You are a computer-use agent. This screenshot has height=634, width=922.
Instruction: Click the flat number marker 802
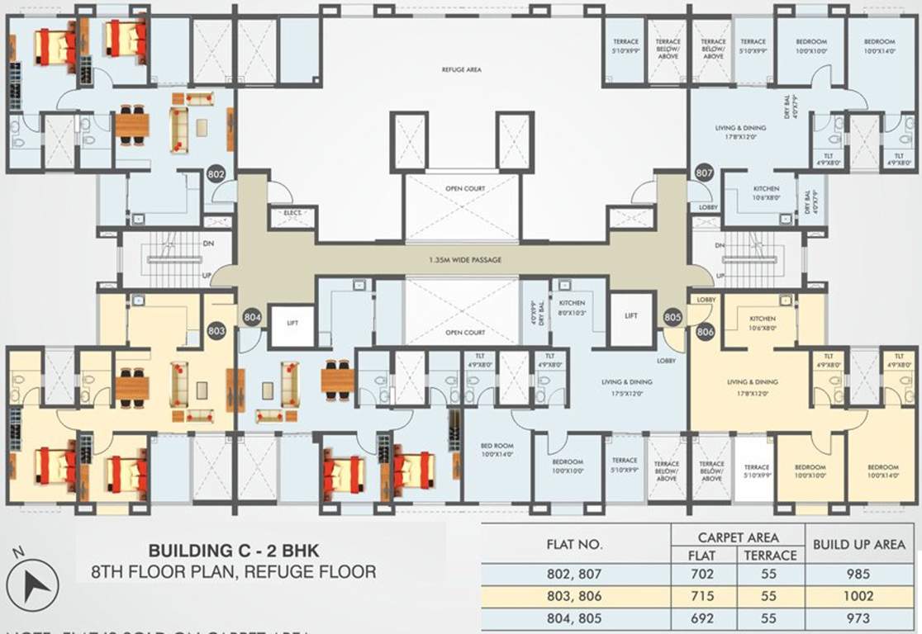pos(216,174)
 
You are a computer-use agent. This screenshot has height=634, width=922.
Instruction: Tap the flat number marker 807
pos(704,174)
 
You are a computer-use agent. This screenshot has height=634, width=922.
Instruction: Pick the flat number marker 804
pos(252,316)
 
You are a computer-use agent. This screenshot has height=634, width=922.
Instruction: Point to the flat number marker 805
pos(672,316)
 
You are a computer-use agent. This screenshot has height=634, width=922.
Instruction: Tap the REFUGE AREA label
pos(461,71)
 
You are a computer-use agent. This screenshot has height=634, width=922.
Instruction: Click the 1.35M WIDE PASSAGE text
pos(464,260)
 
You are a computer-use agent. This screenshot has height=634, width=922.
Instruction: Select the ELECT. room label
pos(293,213)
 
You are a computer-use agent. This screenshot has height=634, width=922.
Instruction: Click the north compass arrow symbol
pos(37,584)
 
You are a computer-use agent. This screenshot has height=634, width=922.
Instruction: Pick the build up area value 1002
pos(859,595)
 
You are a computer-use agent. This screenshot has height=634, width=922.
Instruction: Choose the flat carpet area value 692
pos(701,618)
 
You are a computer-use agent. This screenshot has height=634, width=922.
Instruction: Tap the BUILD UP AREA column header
pos(859,545)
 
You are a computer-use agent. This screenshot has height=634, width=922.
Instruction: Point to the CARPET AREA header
pos(738,537)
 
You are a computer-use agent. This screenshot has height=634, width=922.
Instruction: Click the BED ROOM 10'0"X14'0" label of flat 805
pos(497,450)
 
